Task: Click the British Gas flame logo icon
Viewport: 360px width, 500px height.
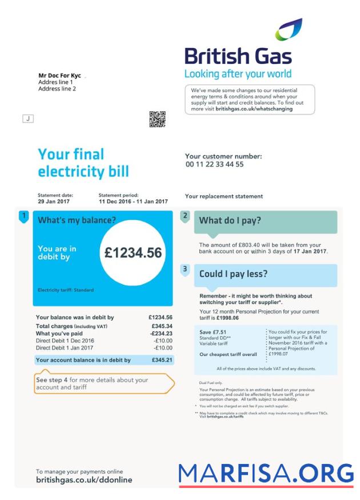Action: click(x=289, y=30)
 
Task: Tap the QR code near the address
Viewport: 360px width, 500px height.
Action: click(x=157, y=119)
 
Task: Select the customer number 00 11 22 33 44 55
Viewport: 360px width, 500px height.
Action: click(x=214, y=165)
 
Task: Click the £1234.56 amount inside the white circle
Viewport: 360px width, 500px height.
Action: click(x=133, y=253)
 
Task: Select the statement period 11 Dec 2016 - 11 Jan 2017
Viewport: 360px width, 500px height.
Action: click(x=133, y=202)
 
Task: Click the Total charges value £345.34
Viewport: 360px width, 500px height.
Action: click(x=161, y=326)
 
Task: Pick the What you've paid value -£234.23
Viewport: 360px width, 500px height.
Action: click(x=161, y=333)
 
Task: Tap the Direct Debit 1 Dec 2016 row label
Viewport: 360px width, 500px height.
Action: click(x=65, y=341)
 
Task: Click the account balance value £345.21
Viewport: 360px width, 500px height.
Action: click(x=161, y=360)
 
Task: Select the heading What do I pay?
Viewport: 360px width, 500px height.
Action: click(x=230, y=221)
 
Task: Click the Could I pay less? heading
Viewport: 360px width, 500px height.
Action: click(x=233, y=274)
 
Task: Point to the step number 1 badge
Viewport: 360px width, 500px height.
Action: click(x=23, y=216)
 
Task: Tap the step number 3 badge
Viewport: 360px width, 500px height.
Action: click(x=185, y=269)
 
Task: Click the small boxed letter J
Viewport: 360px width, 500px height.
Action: click(x=27, y=118)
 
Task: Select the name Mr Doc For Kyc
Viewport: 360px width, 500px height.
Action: click(x=59, y=75)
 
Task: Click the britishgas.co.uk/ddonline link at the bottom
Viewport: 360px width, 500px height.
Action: click(x=84, y=480)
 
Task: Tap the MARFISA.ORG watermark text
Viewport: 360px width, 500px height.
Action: click(x=266, y=473)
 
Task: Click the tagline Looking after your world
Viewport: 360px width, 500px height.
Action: click(x=238, y=74)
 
